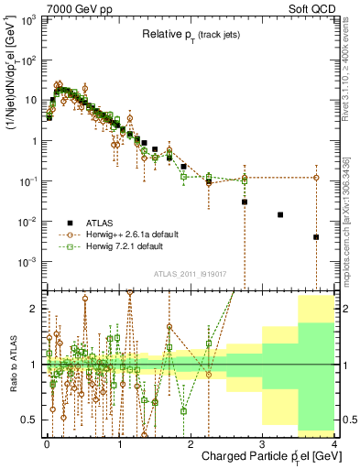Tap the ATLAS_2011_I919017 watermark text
[189, 275]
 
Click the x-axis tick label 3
[263, 444]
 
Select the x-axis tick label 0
[47, 444]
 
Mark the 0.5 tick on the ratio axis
[34, 420]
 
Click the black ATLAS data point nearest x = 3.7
[316, 237]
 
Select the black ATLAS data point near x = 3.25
[280, 214]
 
